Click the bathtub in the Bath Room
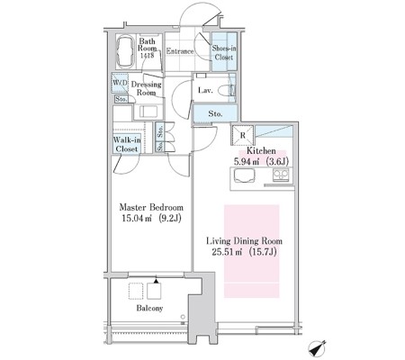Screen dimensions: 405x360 click(x=126, y=52)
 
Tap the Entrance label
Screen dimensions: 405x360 click(x=180, y=51)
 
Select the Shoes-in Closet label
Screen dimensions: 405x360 click(x=224, y=52)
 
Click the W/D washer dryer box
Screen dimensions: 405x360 click(x=121, y=83)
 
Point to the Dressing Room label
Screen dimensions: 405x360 click(x=147, y=88)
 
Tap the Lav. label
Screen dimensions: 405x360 click(x=205, y=90)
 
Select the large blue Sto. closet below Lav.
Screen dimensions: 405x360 click(x=215, y=113)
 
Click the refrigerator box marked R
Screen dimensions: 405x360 click(x=243, y=135)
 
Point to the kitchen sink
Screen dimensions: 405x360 click(x=245, y=175)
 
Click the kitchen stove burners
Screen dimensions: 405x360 click(x=281, y=175)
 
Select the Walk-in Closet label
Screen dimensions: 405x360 click(x=127, y=144)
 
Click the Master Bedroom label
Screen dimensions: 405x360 click(x=151, y=207)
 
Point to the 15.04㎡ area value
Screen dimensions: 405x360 click(x=136, y=219)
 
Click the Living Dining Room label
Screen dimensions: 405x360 click(x=244, y=241)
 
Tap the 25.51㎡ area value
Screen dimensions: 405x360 click(x=227, y=252)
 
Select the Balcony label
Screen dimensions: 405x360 click(x=149, y=308)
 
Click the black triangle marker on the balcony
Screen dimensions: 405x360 click(x=156, y=281)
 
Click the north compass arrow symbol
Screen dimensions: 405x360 click(x=317, y=349)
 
